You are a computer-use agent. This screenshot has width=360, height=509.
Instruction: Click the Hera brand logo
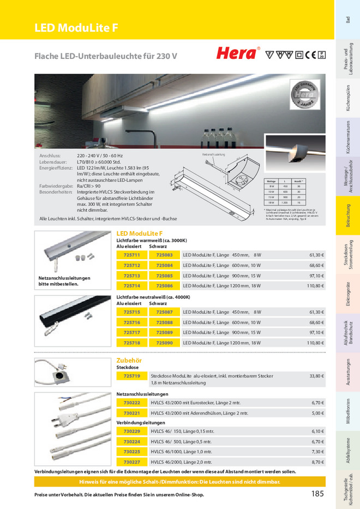(238, 53)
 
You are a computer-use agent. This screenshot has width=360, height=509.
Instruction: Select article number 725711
(132, 255)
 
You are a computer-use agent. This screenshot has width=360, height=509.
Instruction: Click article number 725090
(164, 343)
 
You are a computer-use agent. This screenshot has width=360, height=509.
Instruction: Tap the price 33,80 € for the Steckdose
(316, 376)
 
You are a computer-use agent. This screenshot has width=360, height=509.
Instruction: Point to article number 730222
(132, 403)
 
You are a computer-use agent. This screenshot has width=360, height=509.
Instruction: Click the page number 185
(317, 494)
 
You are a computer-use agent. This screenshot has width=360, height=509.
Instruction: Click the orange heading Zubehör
(129, 361)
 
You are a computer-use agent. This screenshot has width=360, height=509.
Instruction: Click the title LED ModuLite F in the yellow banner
(76, 28)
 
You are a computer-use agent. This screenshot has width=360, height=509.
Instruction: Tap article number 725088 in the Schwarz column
(164, 322)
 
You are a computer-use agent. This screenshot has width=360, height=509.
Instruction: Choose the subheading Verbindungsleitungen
(141, 422)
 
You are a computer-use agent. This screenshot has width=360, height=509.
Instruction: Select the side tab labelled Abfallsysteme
(347, 455)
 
